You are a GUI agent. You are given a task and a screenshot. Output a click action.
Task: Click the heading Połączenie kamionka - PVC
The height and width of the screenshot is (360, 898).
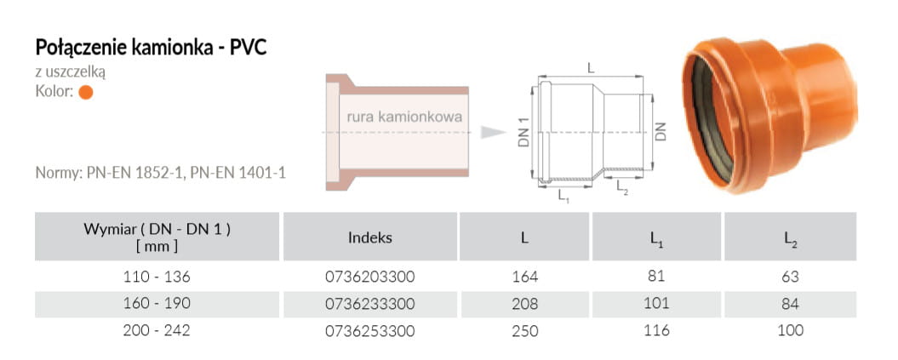pos(152,48)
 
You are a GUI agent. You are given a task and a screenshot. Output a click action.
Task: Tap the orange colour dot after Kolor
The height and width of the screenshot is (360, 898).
pos(86,92)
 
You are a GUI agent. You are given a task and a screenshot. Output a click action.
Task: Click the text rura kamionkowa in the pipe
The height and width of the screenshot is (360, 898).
pos(404,117)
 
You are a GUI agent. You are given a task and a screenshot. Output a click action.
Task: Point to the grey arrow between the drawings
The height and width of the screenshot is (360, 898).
pos(493,133)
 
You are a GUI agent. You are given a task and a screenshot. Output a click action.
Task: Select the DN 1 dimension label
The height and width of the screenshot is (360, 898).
pos(523,133)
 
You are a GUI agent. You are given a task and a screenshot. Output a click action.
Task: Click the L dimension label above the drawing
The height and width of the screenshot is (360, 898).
pos(591,67)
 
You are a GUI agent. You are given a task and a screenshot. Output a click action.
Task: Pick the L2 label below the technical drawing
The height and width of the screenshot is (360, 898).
pos(622,188)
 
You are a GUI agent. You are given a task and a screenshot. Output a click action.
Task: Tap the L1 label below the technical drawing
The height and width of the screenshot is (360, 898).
pos(563,196)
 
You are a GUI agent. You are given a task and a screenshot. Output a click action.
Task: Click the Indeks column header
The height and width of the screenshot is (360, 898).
pos(370,237)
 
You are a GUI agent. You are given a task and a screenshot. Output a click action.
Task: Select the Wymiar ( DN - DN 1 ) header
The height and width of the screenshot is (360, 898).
pos(157,237)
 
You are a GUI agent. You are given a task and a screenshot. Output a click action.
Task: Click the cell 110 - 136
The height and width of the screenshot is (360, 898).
pos(157,277)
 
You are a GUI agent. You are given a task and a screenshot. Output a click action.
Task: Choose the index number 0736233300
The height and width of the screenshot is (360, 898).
pos(369,304)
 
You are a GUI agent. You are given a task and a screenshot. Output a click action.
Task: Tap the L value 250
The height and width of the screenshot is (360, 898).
pos(525,331)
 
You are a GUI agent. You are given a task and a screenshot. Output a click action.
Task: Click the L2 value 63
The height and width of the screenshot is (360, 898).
pos(790,277)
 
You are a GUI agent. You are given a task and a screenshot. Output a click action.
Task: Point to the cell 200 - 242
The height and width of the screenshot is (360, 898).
pos(157,331)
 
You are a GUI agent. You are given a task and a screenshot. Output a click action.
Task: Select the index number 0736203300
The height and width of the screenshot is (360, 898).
pos(369,277)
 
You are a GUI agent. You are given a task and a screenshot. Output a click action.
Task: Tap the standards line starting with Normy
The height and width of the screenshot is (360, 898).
pos(160,172)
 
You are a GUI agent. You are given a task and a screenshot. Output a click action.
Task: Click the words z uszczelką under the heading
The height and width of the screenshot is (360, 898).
pos(71,72)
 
